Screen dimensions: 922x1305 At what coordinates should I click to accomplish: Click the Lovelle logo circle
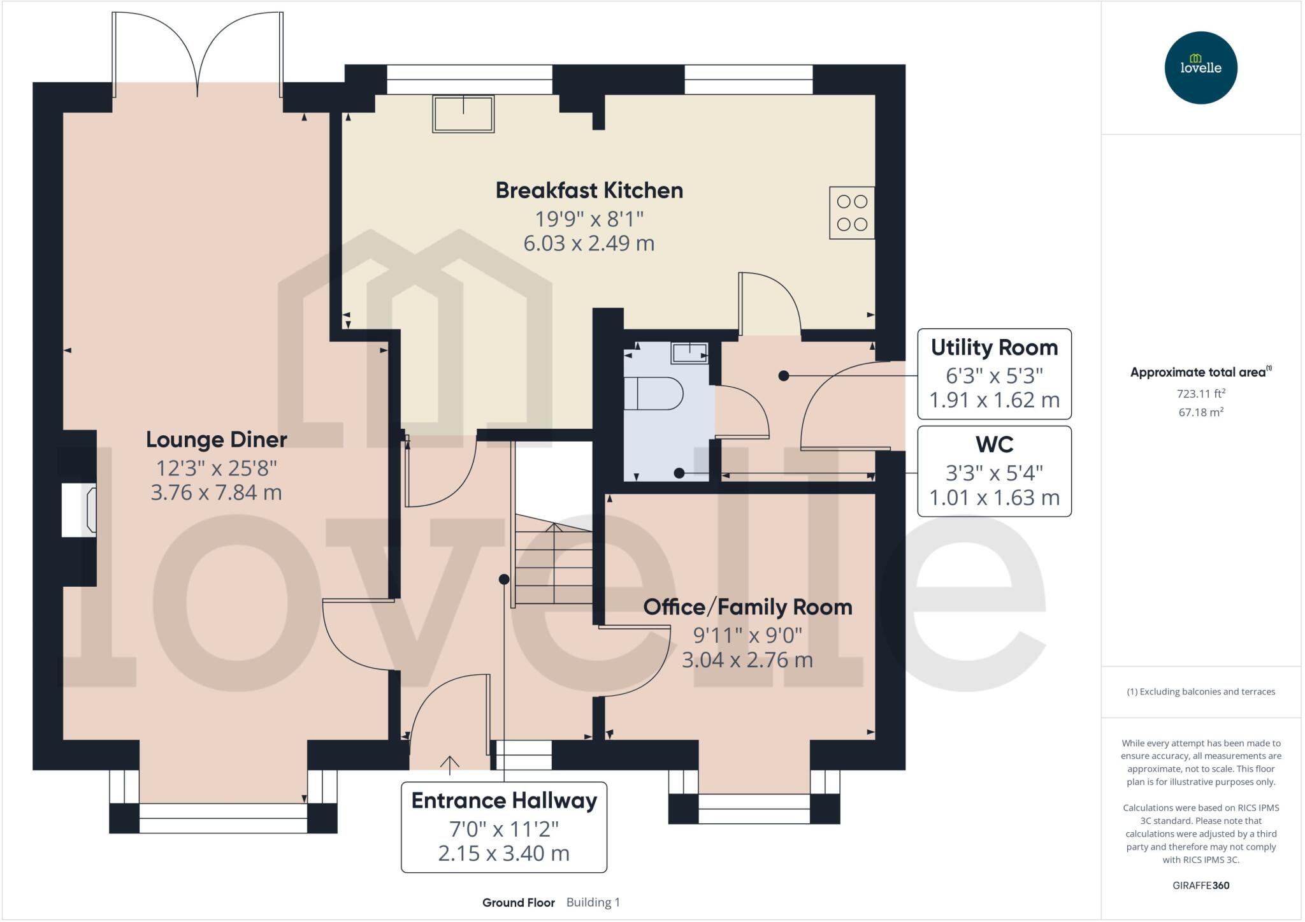click(1200, 68)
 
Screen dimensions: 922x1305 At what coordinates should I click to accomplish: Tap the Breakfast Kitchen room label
click(589, 191)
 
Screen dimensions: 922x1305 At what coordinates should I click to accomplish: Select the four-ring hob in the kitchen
click(851, 213)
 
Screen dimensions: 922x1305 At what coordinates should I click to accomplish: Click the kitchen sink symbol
click(463, 113)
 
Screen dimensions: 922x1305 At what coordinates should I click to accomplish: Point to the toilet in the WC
click(652, 393)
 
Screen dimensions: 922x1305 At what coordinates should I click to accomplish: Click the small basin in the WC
click(689, 352)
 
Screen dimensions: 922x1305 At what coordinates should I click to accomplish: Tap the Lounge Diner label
click(217, 440)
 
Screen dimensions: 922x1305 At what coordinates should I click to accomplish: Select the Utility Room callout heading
click(994, 348)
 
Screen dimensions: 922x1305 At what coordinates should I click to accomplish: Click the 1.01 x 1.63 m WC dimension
click(994, 498)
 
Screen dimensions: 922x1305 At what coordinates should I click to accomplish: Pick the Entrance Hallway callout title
click(504, 801)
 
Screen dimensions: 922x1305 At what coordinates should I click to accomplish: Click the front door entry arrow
click(450, 764)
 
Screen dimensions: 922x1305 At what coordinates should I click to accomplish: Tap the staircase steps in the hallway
click(554, 564)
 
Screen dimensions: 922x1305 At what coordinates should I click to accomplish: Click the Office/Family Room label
click(747, 607)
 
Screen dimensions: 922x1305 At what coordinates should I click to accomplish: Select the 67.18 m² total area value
click(1200, 412)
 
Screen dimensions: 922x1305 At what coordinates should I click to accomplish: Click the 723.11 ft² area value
click(1200, 394)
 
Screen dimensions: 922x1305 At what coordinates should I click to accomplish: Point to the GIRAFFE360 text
click(1200, 886)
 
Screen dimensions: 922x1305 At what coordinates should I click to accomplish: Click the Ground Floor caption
click(518, 903)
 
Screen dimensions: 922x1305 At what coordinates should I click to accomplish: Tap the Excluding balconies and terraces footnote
click(1200, 692)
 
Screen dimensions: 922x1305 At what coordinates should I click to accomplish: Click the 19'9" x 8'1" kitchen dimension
click(589, 219)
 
